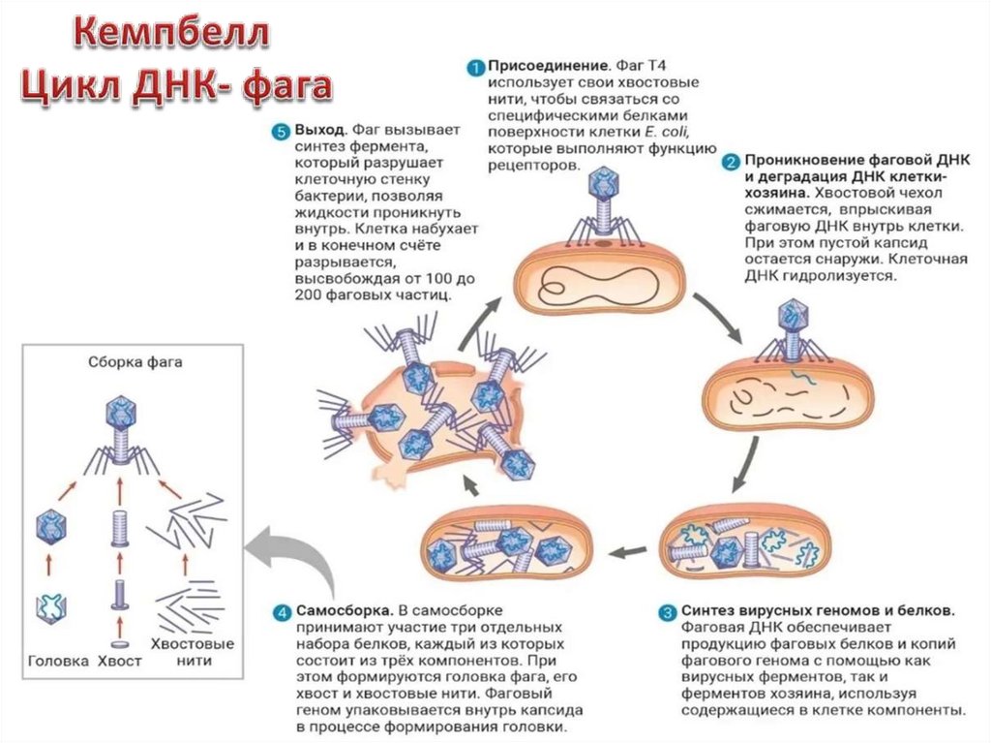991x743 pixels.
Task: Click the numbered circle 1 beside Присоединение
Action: pyautogui.click(x=474, y=67)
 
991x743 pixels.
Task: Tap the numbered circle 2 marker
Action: pyautogui.click(x=733, y=160)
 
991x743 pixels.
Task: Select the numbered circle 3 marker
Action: pyautogui.click(x=668, y=611)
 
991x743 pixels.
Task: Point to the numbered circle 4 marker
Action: pyautogui.click(x=281, y=612)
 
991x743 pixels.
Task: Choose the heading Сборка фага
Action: pyautogui.click(x=121, y=363)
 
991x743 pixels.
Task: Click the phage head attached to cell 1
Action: pyautogui.click(x=604, y=180)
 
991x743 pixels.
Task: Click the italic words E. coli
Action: pyautogui.click(x=676, y=132)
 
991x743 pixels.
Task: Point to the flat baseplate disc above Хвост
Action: pyautogui.click(x=120, y=644)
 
